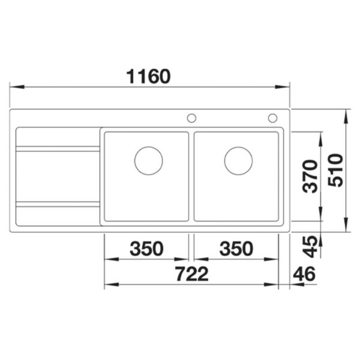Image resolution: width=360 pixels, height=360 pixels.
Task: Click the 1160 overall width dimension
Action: coord(149,76)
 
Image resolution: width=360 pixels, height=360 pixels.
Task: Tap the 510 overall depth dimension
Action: coord(335,170)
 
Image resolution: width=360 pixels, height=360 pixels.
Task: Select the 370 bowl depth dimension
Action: coord(310,176)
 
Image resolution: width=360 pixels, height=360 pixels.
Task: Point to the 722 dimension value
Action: coord(192,274)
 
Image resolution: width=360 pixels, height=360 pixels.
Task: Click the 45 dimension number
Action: coord(310,247)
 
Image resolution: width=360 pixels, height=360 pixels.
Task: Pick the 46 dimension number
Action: coord(304,274)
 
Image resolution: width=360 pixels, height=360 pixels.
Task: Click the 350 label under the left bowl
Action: coord(146,248)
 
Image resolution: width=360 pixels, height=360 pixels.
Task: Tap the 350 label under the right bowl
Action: coord(236,248)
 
